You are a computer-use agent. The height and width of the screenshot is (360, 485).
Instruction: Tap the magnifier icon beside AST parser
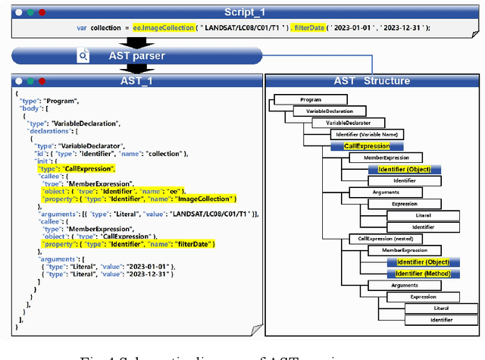click(x=83, y=56)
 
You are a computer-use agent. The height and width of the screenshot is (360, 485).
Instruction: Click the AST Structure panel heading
click(x=372, y=81)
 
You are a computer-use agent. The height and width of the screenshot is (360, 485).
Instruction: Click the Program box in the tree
click(x=311, y=99)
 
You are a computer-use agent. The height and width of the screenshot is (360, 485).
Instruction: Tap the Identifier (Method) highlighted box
click(x=423, y=274)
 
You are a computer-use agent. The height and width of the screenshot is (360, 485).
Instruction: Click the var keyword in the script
click(x=82, y=28)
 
